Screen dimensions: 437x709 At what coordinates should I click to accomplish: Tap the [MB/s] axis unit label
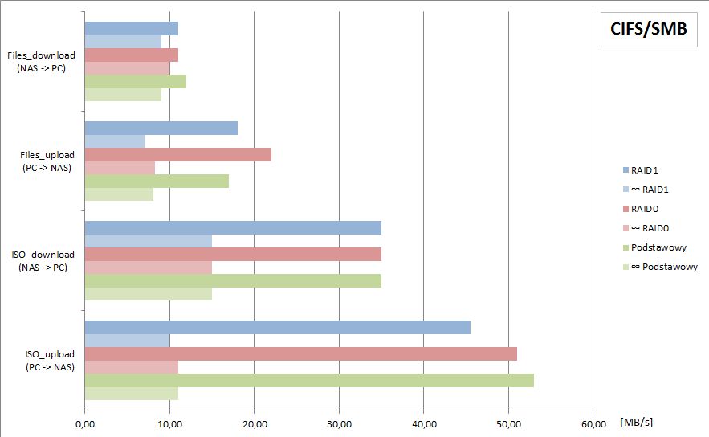[x=636, y=423]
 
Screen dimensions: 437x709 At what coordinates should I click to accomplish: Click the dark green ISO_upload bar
[x=309, y=380]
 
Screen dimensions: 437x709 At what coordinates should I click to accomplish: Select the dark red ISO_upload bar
[x=300, y=353]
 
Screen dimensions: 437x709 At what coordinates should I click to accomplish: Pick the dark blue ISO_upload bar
[x=277, y=327]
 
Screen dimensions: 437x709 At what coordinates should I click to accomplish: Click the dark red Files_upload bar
[x=177, y=154]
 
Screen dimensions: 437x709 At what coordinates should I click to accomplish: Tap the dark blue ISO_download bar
[x=233, y=227]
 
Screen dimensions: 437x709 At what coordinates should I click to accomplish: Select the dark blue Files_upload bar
[x=161, y=128]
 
